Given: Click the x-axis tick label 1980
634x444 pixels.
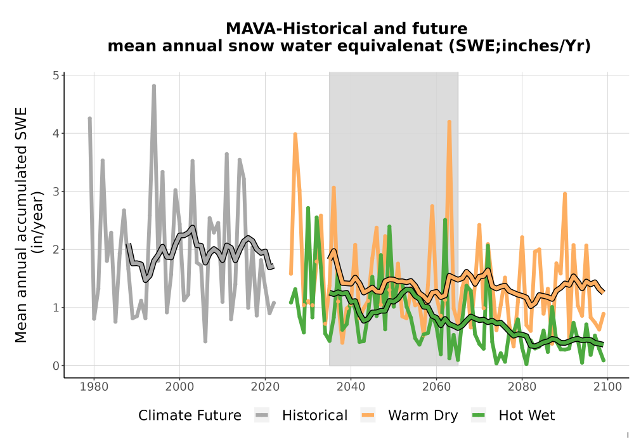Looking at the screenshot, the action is click(x=94, y=386).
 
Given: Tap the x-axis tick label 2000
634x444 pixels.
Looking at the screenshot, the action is click(x=180, y=386).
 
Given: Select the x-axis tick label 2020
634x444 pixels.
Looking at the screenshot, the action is click(x=265, y=386).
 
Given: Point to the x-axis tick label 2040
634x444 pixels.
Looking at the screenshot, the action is click(x=351, y=386).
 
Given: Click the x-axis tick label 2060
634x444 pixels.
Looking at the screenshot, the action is click(x=436, y=386).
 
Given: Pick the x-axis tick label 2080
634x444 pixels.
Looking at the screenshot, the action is click(x=522, y=386).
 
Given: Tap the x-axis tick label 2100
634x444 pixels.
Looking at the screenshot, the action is click(x=607, y=386).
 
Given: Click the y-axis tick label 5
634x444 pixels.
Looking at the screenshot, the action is click(x=56, y=75).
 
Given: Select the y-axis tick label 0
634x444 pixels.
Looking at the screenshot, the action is click(x=56, y=366).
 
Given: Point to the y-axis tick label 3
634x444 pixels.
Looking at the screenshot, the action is click(x=56, y=192).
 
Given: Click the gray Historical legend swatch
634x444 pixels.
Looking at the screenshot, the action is click(x=262, y=415).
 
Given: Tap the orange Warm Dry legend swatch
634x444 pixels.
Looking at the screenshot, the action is click(x=368, y=415).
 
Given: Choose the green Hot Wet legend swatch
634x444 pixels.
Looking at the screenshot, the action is click(x=478, y=415).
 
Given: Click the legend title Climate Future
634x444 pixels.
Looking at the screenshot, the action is click(x=190, y=415).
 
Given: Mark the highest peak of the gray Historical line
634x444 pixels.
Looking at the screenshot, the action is click(x=154, y=86).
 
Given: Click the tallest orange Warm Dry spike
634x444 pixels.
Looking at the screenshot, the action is click(x=450, y=121).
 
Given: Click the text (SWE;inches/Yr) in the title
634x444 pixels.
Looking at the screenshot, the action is click(x=520, y=46).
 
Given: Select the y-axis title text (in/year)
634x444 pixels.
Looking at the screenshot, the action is click(x=39, y=223).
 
